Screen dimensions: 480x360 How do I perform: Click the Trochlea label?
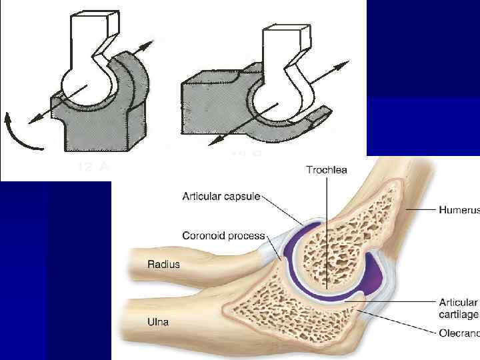[327, 171]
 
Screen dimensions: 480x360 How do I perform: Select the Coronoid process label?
[223, 235]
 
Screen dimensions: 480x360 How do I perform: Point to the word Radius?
[163, 264]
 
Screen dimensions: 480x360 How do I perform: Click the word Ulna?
[158, 323]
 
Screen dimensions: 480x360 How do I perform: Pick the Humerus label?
[459, 209]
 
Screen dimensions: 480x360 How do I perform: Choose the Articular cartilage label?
[459, 308]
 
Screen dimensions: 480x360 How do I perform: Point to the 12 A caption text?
[94, 167]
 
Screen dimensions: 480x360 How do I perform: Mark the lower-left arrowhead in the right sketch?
[212, 142]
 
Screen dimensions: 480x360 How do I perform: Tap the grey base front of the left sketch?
[100, 133]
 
